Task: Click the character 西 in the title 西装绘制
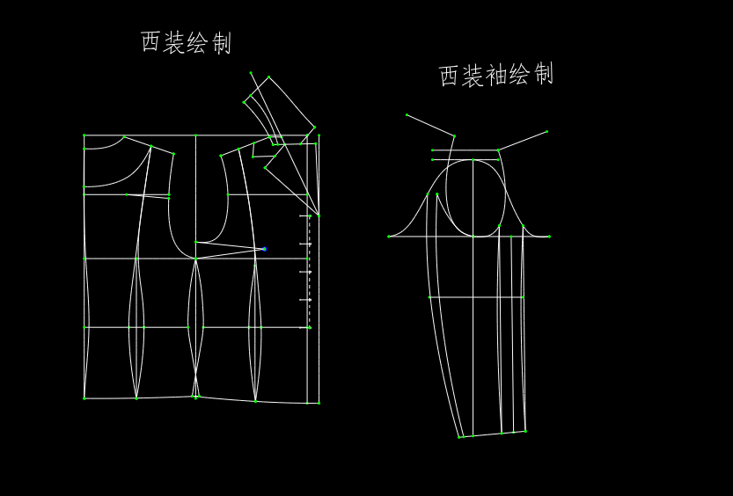[150, 42]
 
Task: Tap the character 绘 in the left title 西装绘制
[198, 42]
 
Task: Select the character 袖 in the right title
[496, 76]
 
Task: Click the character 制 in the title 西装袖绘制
[543, 76]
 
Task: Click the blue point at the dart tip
[264, 249]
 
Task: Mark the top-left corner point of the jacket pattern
[84, 135]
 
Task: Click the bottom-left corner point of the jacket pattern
[84, 398]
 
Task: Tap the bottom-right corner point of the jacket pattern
[318, 403]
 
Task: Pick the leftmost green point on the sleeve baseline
[389, 236]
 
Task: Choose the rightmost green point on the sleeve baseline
[549, 236]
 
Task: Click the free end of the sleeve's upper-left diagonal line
[407, 114]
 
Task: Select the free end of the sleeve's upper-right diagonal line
[546, 132]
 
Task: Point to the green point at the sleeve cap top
[473, 160]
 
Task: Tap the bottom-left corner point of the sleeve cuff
[458, 436]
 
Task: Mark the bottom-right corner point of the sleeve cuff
[525, 431]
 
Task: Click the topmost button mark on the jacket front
[309, 215]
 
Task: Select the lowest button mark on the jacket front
[309, 327]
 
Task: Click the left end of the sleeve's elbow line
[429, 297]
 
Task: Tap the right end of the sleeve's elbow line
[523, 297]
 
